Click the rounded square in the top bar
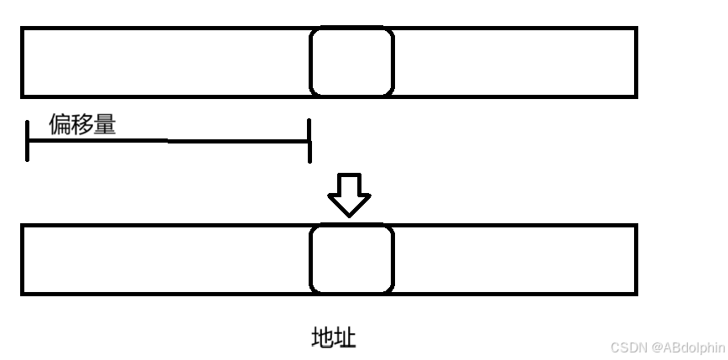351,61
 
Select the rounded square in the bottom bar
351,259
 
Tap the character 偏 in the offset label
60,125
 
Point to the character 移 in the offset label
82,125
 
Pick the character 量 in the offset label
105,125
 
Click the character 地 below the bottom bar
323,338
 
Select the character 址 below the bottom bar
345,338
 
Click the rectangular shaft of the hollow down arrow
349,185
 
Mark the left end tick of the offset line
28,140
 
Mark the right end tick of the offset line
309,140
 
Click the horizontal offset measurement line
168,141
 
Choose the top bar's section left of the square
166,61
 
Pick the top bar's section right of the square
514,61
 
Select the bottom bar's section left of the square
166,259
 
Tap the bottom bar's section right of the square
514,259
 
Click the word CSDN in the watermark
627,347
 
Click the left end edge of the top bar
23,61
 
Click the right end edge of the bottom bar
635,259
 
